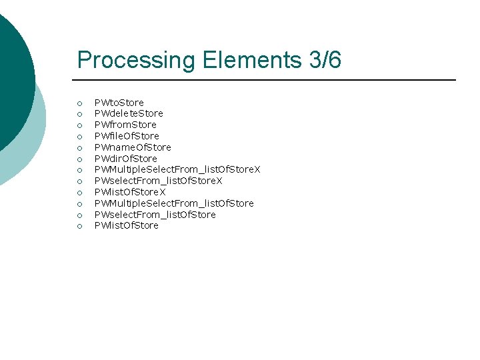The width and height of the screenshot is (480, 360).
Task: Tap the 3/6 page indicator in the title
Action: coord(324,60)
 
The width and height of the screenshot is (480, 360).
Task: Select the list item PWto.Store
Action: coord(119,103)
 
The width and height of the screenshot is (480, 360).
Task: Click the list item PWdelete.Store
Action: coord(129,113)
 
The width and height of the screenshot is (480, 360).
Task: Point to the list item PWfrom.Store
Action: coord(125,125)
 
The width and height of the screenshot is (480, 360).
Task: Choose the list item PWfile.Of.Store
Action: coord(127,136)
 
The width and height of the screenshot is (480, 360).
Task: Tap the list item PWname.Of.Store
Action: coord(133,147)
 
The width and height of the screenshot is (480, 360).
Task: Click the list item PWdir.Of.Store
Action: coord(126,159)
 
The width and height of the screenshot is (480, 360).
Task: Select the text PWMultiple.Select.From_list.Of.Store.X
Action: coord(177,169)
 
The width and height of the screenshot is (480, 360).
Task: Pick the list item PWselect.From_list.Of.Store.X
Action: coord(158,181)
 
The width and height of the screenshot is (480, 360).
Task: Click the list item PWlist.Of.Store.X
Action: coord(130,192)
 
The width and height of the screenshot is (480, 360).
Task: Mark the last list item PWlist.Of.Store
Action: coord(127,225)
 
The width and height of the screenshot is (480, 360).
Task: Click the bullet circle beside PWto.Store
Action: coord(79,103)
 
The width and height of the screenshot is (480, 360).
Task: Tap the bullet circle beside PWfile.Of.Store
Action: coord(79,137)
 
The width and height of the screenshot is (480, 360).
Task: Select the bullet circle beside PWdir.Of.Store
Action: coord(79,159)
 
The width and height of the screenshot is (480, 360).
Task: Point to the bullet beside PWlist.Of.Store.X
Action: coord(79,193)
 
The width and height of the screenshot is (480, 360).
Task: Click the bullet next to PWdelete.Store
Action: coord(79,114)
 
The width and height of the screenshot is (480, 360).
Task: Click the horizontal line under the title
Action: coord(267,80)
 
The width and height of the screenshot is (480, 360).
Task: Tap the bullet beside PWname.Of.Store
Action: coord(79,148)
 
